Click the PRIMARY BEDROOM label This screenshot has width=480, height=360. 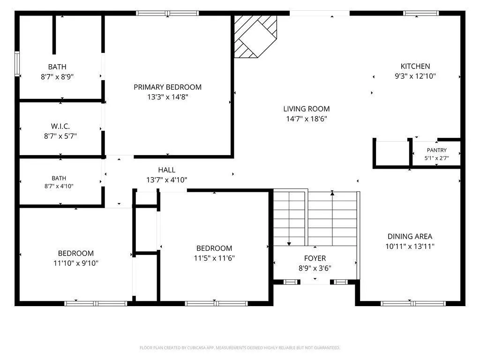(x=167, y=87)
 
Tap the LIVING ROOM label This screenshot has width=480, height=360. (x=307, y=109)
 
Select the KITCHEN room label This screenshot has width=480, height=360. (x=415, y=67)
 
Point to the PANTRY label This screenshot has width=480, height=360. (x=436, y=150)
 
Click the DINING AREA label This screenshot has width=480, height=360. (x=410, y=237)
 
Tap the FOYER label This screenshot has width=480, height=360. (x=315, y=258)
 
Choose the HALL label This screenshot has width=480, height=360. (x=167, y=170)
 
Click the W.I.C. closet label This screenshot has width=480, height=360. (x=60, y=127)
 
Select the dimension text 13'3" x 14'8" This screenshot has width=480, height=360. (x=167, y=97)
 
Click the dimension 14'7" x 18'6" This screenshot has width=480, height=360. (x=307, y=119)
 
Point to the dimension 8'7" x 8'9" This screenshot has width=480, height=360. (x=57, y=77)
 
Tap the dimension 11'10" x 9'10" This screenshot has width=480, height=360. (x=75, y=263)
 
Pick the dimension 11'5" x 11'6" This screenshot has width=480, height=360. (x=214, y=258)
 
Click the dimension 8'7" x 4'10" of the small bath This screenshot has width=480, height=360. (x=59, y=186)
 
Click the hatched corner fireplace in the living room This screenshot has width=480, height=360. (x=255, y=37)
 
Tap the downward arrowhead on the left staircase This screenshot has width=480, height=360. (x=289, y=244)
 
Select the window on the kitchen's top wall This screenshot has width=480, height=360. (x=421, y=13)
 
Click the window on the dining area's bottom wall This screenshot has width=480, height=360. (x=413, y=304)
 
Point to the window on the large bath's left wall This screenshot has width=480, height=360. (x=17, y=64)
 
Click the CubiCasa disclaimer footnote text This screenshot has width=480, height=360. (x=240, y=348)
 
